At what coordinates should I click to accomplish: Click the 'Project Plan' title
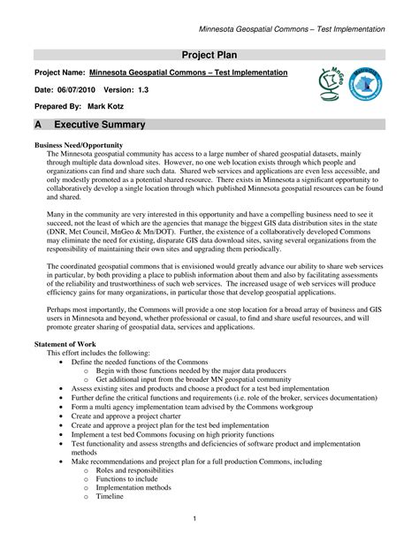pos(210,55)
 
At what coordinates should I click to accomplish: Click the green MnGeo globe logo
pos(328,84)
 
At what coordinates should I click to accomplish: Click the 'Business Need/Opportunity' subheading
pos(78,143)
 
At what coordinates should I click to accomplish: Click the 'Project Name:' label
pos(59,72)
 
